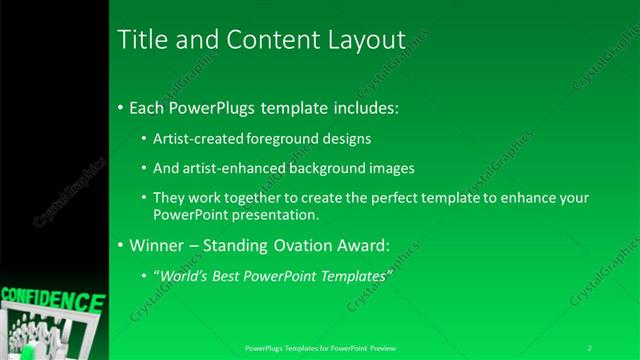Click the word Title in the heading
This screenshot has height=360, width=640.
click(x=140, y=40)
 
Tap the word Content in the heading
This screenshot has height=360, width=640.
click(x=259, y=40)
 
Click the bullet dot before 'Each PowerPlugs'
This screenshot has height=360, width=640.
click(x=121, y=106)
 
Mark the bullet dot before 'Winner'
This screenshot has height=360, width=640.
click(x=121, y=245)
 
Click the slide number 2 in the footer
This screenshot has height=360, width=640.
click(x=590, y=347)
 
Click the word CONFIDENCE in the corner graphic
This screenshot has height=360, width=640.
click(x=52, y=300)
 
